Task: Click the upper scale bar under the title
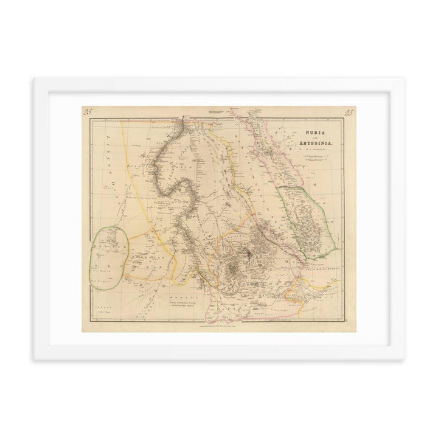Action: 316,156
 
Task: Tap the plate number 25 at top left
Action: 88,111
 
